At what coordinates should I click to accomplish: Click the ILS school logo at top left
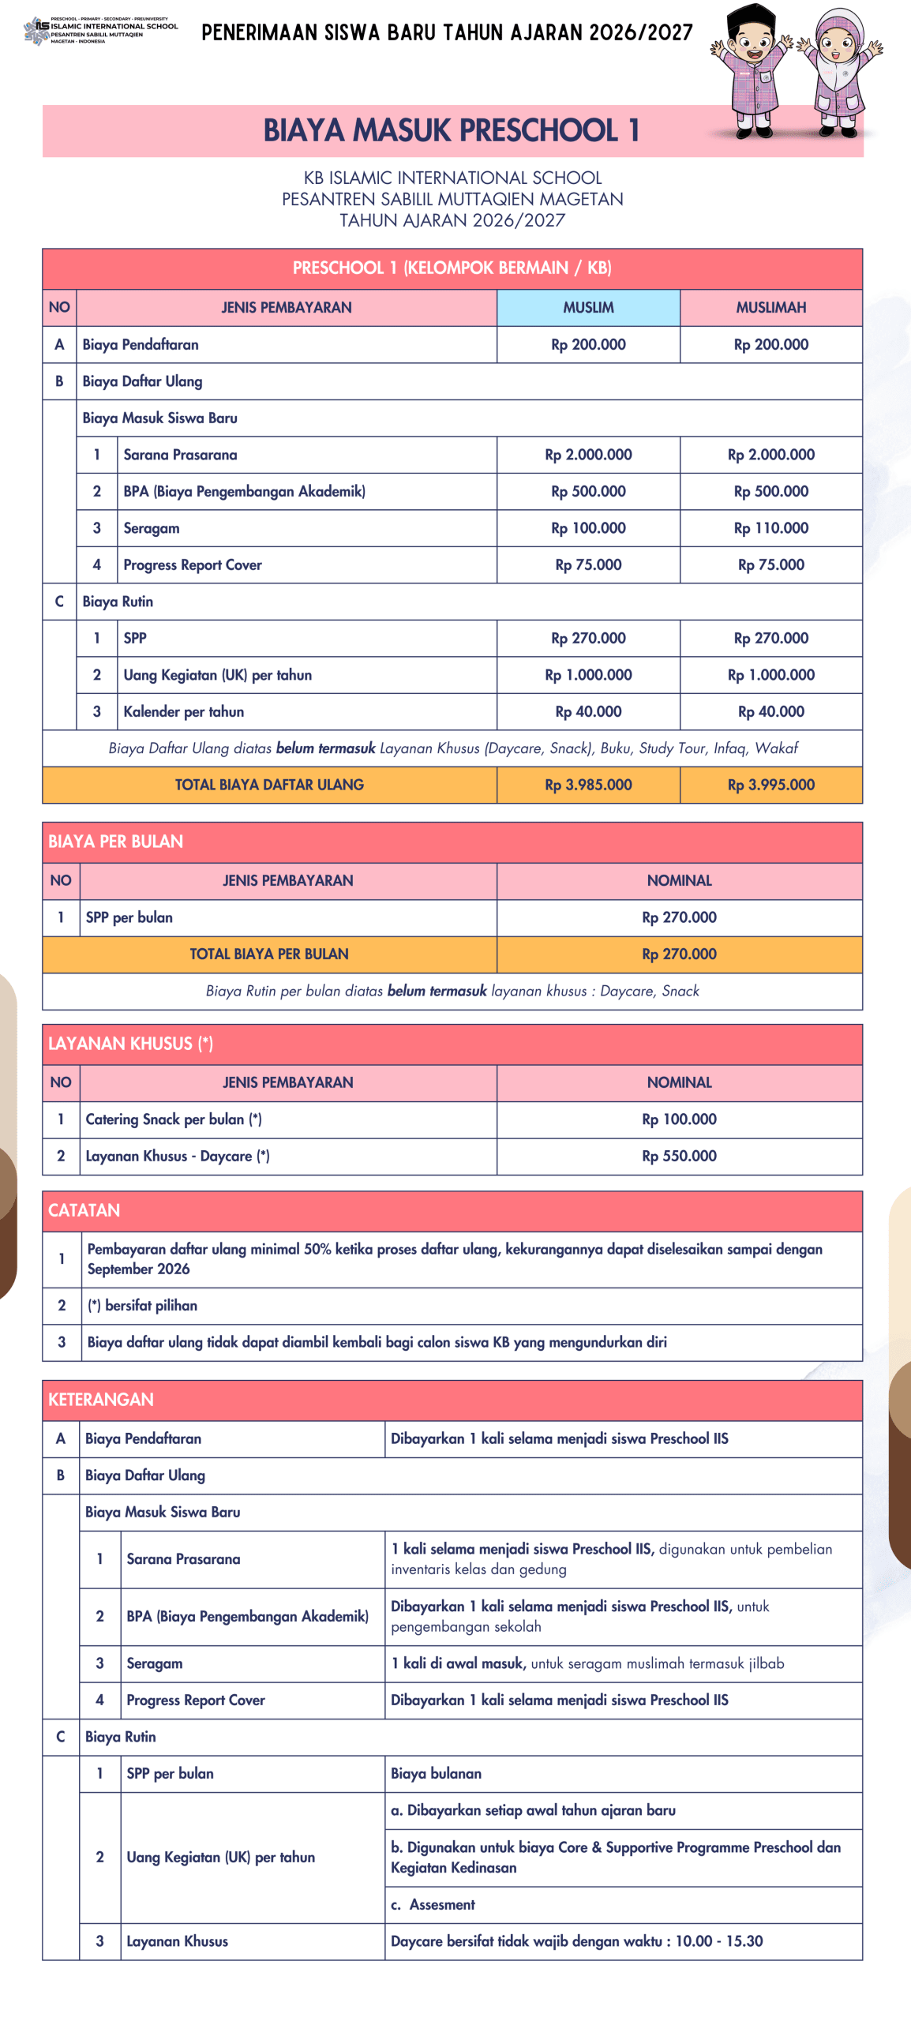[x=37, y=30]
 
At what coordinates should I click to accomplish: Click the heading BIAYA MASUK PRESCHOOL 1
[x=451, y=131]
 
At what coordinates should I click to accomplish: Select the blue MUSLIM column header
[x=588, y=307]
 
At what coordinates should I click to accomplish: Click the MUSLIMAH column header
[x=770, y=307]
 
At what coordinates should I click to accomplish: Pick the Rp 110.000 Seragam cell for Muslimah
[x=770, y=528]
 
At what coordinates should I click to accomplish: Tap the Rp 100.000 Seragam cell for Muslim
[x=588, y=528]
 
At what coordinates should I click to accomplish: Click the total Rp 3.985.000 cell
[x=588, y=785]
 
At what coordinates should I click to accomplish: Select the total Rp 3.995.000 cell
[x=770, y=785]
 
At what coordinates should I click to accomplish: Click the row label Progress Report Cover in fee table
[x=192, y=565]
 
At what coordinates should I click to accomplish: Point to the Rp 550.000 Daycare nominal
[x=679, y=1156]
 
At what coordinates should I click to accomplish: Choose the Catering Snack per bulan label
[x=173, y=1119]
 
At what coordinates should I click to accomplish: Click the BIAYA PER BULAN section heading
[x=115, y=842]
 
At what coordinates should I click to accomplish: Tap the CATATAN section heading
[x=84, y=1210]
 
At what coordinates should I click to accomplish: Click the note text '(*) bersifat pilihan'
[x=142, y=1306]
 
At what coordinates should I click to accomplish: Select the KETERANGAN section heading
[x=100, y=1400]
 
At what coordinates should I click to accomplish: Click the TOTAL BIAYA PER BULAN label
[x=268, y=954]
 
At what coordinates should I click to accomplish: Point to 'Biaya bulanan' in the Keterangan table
[x=436, y=1774]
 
